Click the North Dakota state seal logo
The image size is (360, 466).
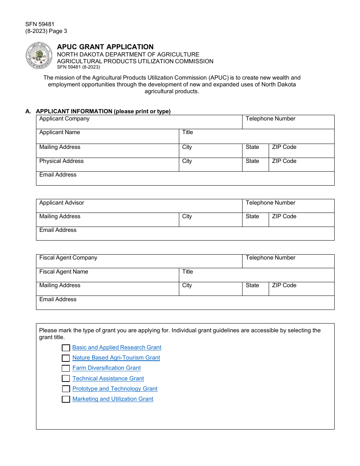point(39,56)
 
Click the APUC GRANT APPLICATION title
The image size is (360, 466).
point(105,47)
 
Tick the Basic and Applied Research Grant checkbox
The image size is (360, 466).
point(66,348)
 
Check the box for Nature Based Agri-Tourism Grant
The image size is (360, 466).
point(66,358)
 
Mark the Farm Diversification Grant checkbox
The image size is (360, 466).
point(66,368)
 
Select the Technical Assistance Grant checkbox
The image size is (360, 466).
point(66,378)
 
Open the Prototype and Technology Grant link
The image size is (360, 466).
point(115,389)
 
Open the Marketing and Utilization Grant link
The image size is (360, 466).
point(113,399)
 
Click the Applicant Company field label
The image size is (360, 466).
point(64,119)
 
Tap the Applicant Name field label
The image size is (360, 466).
point(59,132)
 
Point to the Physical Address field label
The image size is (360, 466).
point(61,161)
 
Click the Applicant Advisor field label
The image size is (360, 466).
point(62,203)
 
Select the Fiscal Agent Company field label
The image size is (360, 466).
point(68,258)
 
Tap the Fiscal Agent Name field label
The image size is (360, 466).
point(64,272)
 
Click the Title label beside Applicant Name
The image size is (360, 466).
point(188,132)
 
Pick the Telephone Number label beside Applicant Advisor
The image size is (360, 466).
point(270,203)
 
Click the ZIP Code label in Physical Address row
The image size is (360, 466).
point(284,161)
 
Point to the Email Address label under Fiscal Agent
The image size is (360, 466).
point(58,299)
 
